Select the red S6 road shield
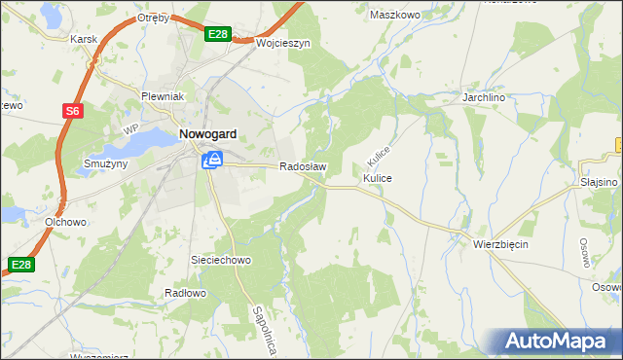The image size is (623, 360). click(72, 112)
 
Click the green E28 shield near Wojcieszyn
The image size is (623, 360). click(219, 35)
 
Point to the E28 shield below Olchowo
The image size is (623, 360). click(20, 264)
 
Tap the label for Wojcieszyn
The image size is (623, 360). click(282, 44)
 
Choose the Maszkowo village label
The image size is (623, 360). click(394, 15)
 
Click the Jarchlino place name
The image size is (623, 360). click(487, 99)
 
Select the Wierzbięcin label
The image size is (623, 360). click(501, 244)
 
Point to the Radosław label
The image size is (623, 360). click(303, 166)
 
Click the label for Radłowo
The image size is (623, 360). click(185, 293)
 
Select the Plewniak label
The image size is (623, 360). click(163, 97)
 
